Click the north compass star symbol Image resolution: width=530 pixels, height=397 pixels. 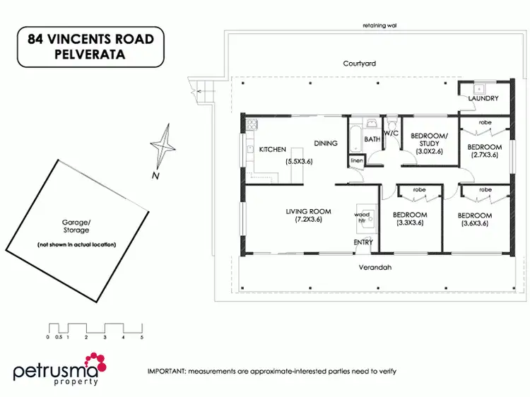pyautogui.click(x=163, y=146)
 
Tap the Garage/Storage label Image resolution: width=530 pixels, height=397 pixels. pyautogui.click(x=76, y=226)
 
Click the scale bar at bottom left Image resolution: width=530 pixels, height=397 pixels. pyautogui.click(x=95, y=329)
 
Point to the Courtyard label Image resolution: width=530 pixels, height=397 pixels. pyautogui.click(x=359, y=64)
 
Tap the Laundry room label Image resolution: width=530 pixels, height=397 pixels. pyautogui.click(x=484, y=99)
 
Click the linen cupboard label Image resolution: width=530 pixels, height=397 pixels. pyautogui.click(x=357, y=162)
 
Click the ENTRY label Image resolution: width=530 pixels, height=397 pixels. pyautogui.click(x=363, y=242)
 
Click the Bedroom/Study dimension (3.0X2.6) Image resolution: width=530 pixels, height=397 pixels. pyautogui.click(x=429, y=151)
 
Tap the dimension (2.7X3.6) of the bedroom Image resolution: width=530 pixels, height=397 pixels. pyautogui.click(x=484, y=155)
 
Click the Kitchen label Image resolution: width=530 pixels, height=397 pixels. pyautogui.click(x=272, y=150)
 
